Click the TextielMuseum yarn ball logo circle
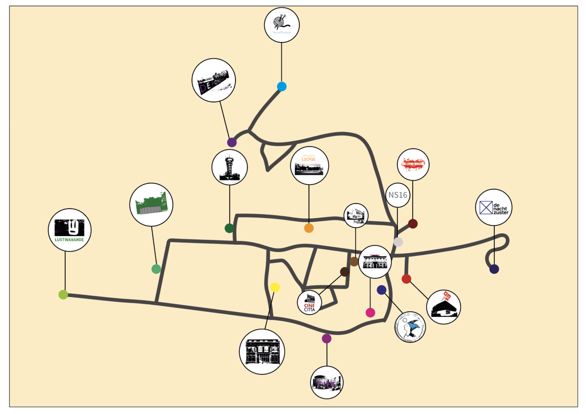(282, 25)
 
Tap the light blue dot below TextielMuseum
(282, 86)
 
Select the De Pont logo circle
(214, 80)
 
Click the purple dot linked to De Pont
(232, 142)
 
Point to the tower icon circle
(229, 168)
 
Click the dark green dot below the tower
(229, 228)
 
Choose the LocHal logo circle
(310, 166)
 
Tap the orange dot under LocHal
(309, 228)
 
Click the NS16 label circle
(398, 195)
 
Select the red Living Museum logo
(413, 164)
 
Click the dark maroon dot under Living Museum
(413, 224)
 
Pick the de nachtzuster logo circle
(494, 207)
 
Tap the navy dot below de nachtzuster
(494, 269)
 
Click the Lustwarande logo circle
(70, 230)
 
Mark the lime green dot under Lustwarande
(63, 295)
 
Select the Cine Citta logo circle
(310, 303)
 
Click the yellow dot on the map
(275, 287)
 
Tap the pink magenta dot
(370, 312)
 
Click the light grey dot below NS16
(398, 242)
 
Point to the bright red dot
(406, 279)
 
